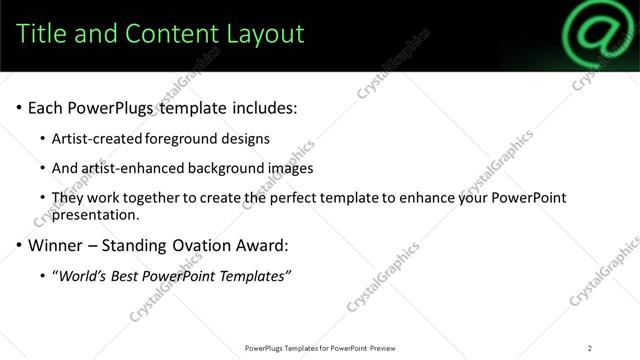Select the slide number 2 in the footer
click(x=590, y=348)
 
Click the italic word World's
click(x=83, y=276)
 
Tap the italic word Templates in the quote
click(x=250, y=276)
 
